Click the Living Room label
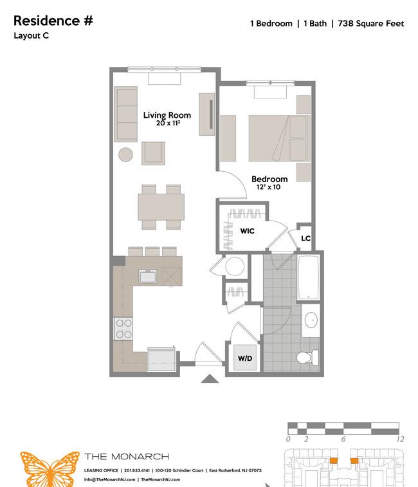(x=167, y=115)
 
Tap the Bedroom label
(x=269, y=179)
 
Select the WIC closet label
(x=247, y=231)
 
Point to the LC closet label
(x=305, y=238)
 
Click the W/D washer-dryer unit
(x=245, y=358)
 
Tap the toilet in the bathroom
(x=307, y=357)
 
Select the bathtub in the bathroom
(x=309, y=277)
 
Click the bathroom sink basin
(x=311, y=320)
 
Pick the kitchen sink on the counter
(x=148, y=276)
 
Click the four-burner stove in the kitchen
(x=123, y=329)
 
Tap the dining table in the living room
(x=161, y=207)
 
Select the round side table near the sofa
(x=126, y=154)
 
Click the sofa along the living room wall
(x=126, y=114)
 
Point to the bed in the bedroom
(x=280, y=138)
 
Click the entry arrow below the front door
(x=210, y=379)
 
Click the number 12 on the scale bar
(x=400, y=439)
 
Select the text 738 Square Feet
(x=371, y=24)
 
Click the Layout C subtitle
(x=31, y=36)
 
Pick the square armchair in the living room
(x=154, y=153)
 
